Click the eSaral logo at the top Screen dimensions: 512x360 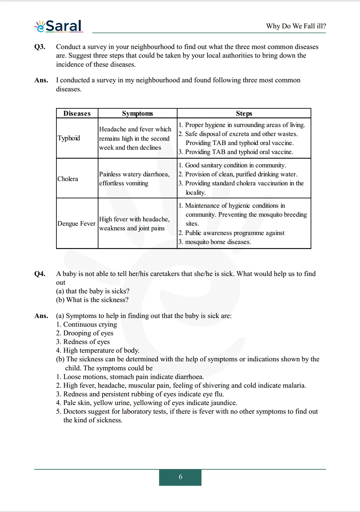[59, 26]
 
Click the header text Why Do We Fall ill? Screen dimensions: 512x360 [296, 26]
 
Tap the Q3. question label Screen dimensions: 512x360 [40, 47]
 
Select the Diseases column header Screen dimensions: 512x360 [77, 113]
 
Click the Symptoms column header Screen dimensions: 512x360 [137, 113]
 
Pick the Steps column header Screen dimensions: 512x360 [244, 113]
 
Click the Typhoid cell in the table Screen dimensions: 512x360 [69, 138]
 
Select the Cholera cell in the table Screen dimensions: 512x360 [68, 179]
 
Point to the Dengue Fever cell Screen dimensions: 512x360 [76, 223]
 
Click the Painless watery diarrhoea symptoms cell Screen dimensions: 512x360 [134, 179]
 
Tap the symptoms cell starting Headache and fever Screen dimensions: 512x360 [135, 138]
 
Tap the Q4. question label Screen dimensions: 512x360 [40, 274]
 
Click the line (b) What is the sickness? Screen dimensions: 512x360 [92, 300]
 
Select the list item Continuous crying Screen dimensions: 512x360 [90, 324]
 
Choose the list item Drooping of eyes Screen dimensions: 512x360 [88, 333]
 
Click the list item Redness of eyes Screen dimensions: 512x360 [86, 342]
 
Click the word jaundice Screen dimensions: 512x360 [224, 403]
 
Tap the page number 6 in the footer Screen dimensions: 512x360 [180, 477]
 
